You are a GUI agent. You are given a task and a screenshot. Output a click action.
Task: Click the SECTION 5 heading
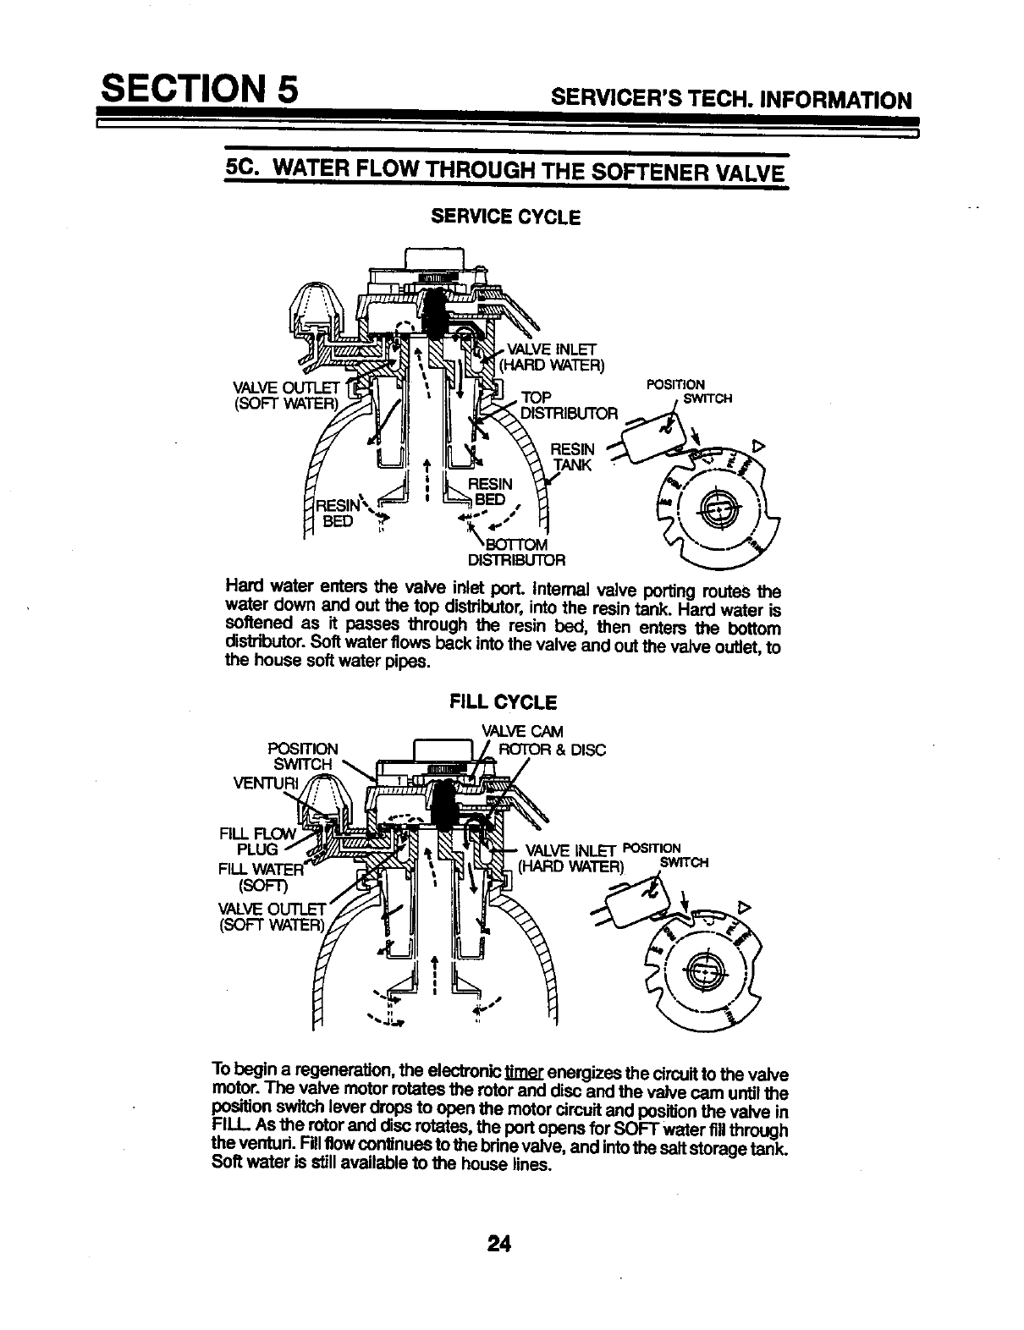pos(197,89)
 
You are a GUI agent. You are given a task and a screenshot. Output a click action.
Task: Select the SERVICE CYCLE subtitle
pos(506,217)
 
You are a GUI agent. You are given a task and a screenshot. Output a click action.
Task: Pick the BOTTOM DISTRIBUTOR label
pos(516,551)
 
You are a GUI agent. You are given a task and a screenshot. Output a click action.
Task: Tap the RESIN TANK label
pos(574,457)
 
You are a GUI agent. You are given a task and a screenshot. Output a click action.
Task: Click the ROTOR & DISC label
pos(552,749)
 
